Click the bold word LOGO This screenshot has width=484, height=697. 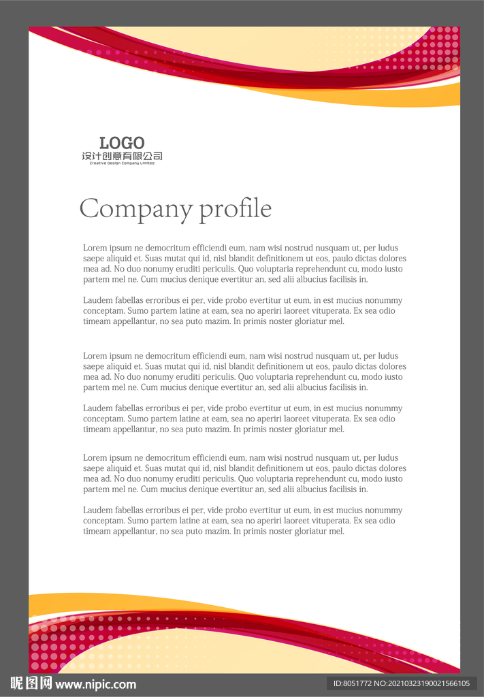coord(122,143)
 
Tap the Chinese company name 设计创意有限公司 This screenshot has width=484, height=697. coord(122,157)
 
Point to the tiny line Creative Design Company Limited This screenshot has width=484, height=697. coord(122,163)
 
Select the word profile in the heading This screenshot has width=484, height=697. coord(235,209)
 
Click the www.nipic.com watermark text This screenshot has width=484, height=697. coord(95,684)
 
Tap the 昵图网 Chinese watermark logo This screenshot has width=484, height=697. coord(31,683)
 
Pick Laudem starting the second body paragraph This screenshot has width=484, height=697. coord(97,300)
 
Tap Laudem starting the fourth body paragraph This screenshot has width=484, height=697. coord(97,408)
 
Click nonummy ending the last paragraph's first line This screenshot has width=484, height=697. coord(384,510)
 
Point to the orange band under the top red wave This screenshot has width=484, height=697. coord(408,97)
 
